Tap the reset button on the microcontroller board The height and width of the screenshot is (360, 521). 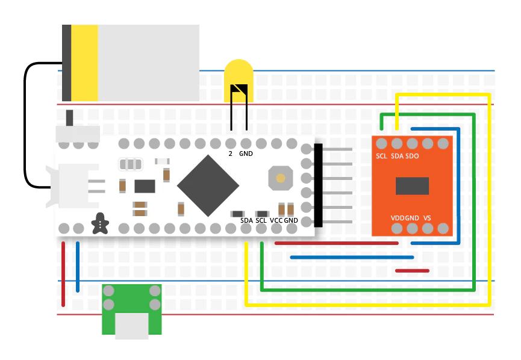tap(280, 178)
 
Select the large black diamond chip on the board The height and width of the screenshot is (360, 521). tap(207, 186)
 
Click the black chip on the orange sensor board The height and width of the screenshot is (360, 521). tap(413, 186)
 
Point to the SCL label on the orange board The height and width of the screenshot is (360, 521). tap(381, 157)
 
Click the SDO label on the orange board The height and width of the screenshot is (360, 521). tap(413, 157)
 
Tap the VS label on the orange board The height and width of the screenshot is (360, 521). tap(427, 217)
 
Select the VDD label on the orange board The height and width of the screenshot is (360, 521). tap(398, 217)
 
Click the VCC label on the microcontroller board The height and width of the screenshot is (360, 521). tap(276, 220)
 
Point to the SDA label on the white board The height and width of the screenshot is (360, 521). tap(246, 220)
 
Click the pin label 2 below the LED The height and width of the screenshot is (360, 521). tap(231, 154)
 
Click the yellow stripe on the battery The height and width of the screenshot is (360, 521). tap(84, 63)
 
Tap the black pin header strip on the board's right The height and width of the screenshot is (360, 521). tap(318, 185)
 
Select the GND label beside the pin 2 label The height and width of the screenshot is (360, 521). tap(246, 154)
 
